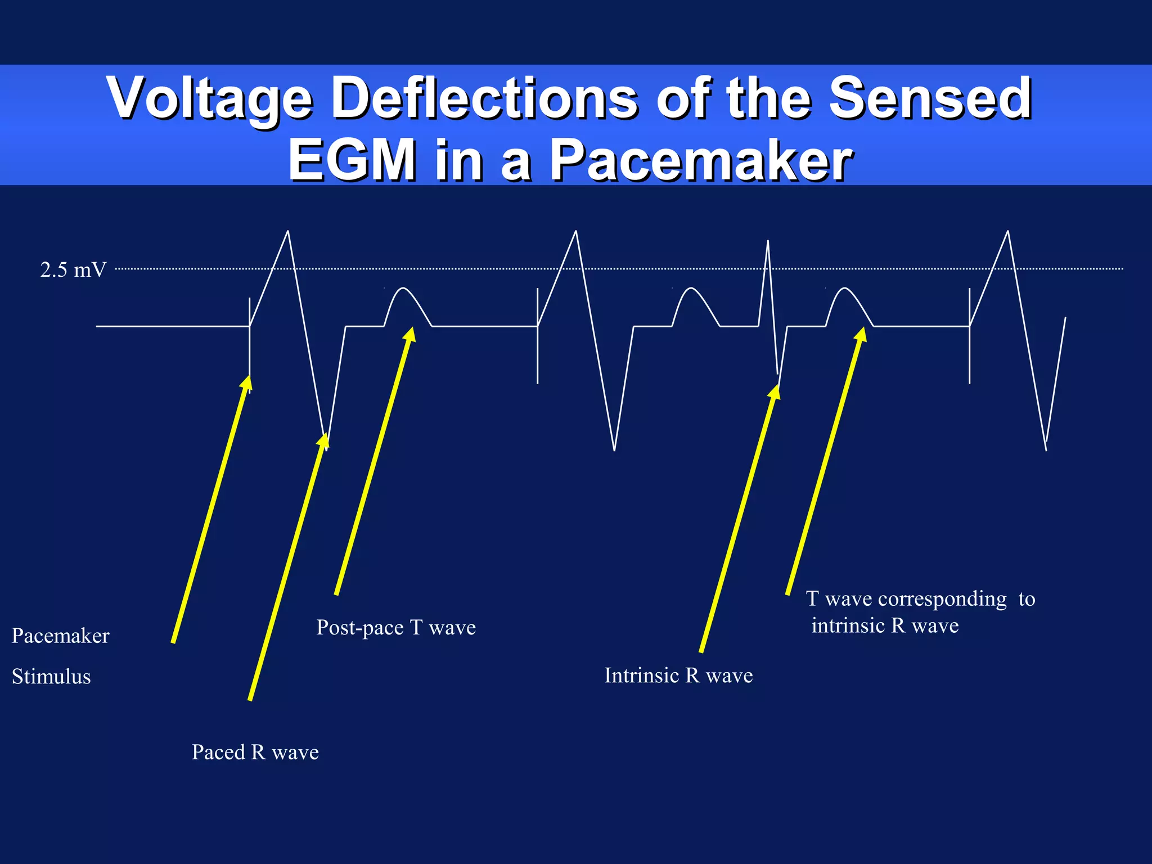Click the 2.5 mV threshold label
(73, 270)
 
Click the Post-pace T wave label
(396, 627)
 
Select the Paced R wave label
(255, 752)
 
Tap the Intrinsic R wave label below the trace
(678, 676)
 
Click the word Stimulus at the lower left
(51, 676)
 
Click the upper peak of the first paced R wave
(288, 232)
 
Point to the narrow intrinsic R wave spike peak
(768, 242)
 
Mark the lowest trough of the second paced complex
(614, 449)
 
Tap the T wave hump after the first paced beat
(403, 289)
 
